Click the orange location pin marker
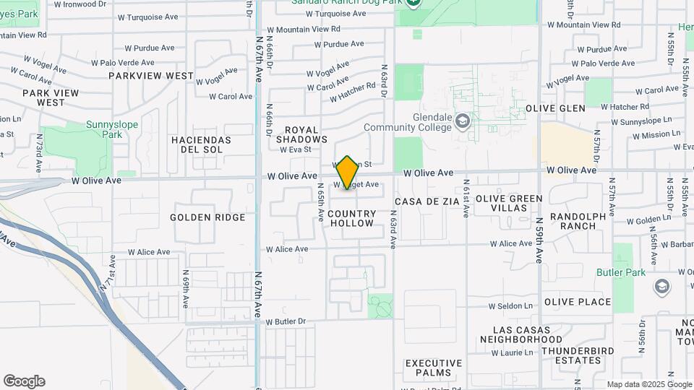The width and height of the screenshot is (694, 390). [x=348, y=173]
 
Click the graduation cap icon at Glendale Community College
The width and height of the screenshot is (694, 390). [x=463, y=121]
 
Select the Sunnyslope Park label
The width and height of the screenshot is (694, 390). [x=111, y=129]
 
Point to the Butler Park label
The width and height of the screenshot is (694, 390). [x=621, y=272]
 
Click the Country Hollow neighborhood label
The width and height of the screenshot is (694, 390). [x=352, y=218]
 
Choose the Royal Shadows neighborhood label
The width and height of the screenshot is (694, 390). [x=301, y=134]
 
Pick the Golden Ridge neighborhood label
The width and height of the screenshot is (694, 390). [x=207, y=217]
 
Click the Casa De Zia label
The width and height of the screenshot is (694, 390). [x=427, y=201]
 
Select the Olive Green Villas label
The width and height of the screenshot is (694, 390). [x=509, y=203]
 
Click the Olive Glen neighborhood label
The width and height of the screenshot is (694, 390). [x=555, y=108]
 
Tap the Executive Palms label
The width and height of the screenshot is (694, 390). [x=433, y=368]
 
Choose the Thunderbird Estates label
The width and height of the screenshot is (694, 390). [x=571, y=355]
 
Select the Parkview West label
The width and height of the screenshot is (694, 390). [x=151, y=76]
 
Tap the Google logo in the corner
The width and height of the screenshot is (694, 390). [x=24, y=381]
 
